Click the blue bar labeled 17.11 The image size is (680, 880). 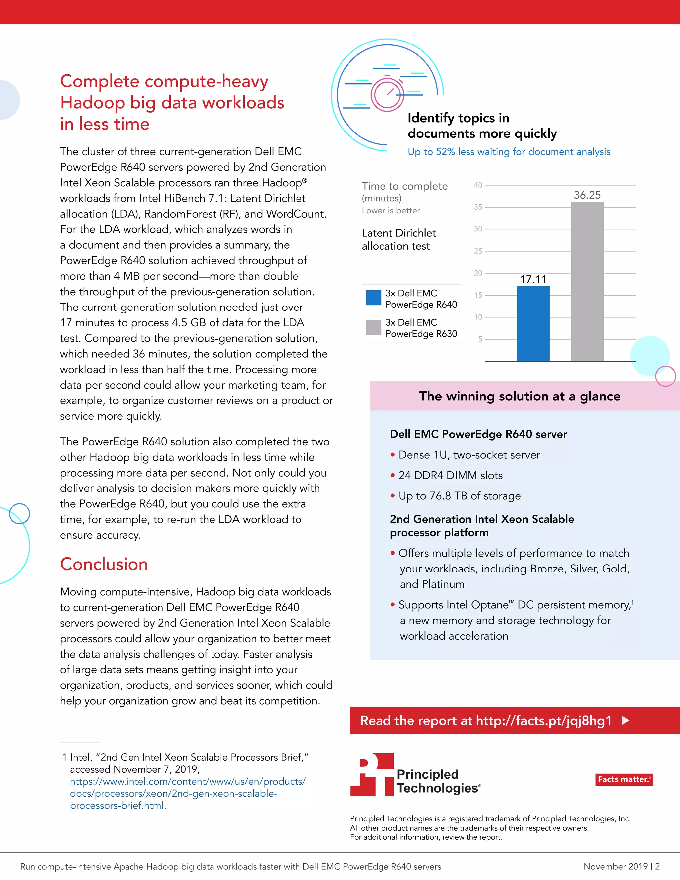(533, 323)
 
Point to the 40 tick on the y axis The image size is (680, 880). (478, 185)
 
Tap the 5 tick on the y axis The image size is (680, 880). (480, 339)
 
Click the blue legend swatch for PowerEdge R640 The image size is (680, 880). (374, 298)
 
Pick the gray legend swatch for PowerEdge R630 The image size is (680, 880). (374, 327)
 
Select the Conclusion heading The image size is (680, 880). (104, 564)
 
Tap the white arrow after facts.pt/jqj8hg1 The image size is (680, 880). (626, 721)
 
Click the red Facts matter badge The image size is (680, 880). (624, 779)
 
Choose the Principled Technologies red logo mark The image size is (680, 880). (372, 774)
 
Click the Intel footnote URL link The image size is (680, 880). (187, 793)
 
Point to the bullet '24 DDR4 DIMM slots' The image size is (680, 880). (450, 476)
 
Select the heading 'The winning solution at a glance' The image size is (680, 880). (519, 396)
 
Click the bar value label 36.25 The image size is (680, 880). (587, 195)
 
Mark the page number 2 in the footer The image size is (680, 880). (657, 866)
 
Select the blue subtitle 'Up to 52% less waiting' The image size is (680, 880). (509, 152)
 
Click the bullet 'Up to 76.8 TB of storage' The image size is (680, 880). (459, 496)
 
